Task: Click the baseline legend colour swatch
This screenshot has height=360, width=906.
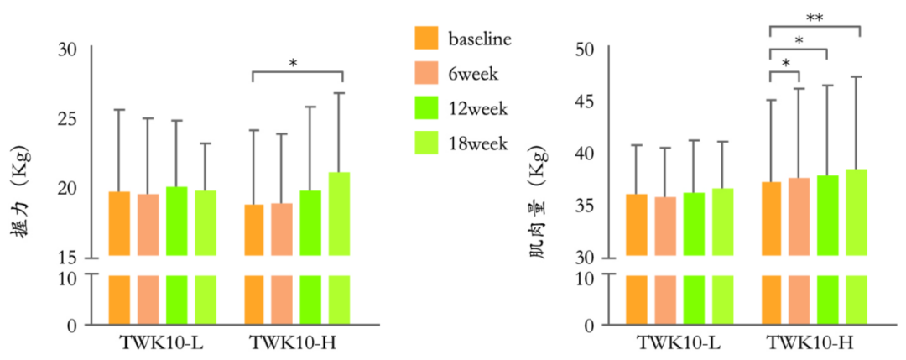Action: point(426,39)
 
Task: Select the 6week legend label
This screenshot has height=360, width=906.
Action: point(473,74)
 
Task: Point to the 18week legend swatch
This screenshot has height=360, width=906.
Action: point(426,143)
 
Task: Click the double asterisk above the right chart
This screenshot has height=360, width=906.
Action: point(814,18)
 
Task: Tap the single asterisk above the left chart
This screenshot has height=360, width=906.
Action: point(293,63)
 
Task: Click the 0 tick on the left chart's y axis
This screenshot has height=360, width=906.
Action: point(72,325)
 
